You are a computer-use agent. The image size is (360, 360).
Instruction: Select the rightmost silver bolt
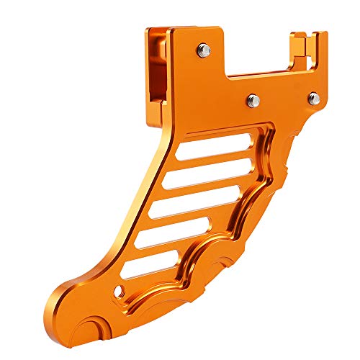(312, 96)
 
